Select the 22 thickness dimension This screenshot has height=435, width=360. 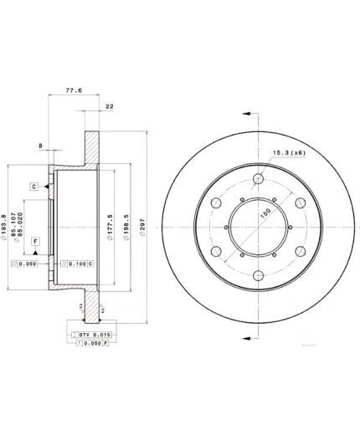110,106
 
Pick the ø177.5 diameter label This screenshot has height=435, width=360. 111,227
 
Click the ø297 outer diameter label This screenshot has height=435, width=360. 143,227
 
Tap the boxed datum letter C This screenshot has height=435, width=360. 33,185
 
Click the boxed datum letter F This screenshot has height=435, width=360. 35,241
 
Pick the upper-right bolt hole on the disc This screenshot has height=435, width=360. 298,202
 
